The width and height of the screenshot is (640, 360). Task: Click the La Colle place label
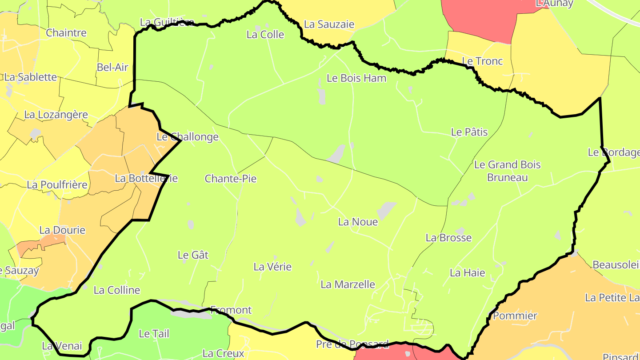tap(265, 35)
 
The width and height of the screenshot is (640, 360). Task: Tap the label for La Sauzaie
tap(329, 24)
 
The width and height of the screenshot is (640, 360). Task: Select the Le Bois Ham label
tap(356, 78)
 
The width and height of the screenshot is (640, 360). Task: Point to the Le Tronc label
tap(482, 61)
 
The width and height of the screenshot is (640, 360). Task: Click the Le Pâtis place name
tap(469, 132)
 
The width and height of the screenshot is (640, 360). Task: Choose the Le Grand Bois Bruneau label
tap(507, 171)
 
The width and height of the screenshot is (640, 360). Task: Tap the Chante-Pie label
tap(230, 179)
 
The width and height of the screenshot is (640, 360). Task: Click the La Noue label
tap(358, 222)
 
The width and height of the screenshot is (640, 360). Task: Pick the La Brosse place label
tap(448, 238)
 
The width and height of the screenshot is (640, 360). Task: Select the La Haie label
tap(467, 273)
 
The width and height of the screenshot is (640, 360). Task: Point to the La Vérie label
tap(272, 267)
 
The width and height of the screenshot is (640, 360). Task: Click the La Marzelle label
tap(348, 284)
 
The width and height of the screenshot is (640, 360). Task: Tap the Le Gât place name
tap(193, 255)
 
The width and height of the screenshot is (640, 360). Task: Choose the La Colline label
tap(117, 290)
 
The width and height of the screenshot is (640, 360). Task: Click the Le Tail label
tap(154, 333)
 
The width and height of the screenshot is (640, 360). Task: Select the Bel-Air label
tap(112, 68)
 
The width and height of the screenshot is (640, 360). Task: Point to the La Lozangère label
tap(56, 115)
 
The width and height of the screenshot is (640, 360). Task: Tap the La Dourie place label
tap(62, 230)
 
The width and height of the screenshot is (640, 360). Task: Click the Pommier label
tap(515, 316)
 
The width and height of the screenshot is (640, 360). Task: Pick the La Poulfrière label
tap(57, 184)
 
